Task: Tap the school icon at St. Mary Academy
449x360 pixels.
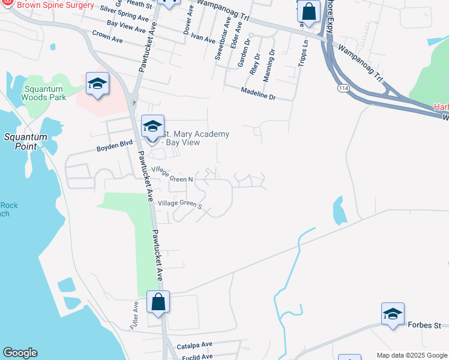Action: [152, 127]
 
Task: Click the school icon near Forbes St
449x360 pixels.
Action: [393, 314]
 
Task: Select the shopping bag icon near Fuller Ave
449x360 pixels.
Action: [158, 302]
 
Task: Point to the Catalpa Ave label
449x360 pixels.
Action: [195, 345]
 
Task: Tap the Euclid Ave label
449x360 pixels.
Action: [197, 356]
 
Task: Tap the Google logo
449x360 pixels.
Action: [20, 353]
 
